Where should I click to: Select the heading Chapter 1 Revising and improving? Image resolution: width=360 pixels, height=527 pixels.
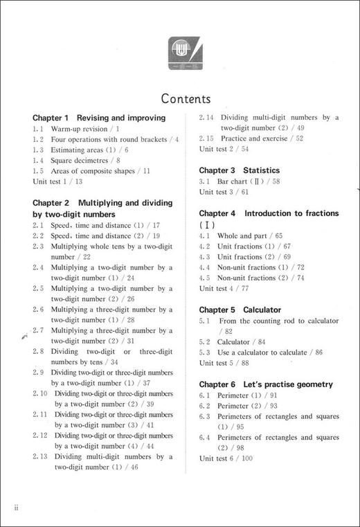[x=99, y=118]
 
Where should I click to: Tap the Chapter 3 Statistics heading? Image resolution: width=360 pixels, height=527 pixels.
[x=240, y=170]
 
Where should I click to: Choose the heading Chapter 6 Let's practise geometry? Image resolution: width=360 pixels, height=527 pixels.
[x=266, y=384]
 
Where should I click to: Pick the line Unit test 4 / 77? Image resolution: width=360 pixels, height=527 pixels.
[x=224, y=288]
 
